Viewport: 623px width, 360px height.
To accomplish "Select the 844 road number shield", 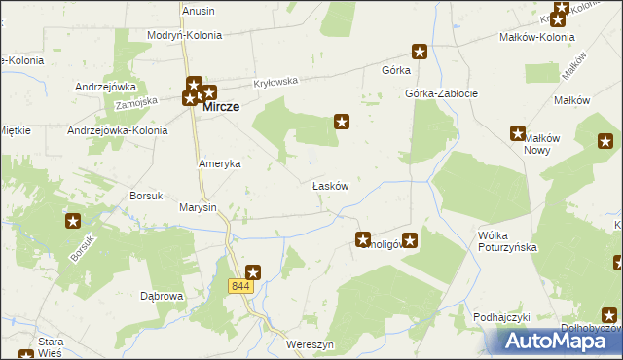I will coord(241,286).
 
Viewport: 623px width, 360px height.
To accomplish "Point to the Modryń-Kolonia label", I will coord(184,35).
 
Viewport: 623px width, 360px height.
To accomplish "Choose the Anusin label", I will coord(198,11).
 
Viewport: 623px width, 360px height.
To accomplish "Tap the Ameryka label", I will coord(219,164).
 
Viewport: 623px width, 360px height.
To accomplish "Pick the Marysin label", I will coord(198,207).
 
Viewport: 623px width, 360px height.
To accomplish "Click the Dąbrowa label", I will coord(162,295).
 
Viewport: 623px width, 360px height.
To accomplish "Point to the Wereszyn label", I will coord(311,345).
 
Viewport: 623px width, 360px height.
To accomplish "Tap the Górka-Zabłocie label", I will coord(441,94).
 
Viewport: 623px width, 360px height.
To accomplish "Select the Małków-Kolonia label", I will coord(536,37).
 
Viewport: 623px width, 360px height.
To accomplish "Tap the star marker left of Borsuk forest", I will coord(73,221).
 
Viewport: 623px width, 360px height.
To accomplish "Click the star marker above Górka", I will coord(420,51).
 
